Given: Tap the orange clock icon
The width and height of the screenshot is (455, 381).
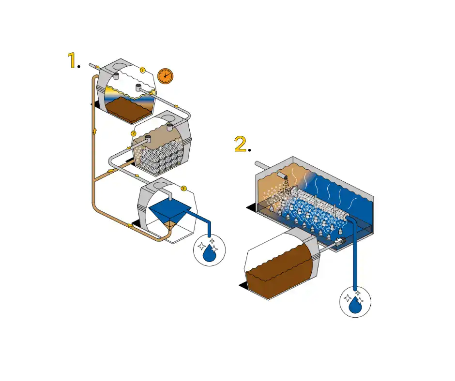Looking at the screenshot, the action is (165, 76).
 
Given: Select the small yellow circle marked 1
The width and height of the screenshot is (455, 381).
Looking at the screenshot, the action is (142, 70).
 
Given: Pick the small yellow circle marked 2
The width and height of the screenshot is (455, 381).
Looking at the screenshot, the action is (133, 133).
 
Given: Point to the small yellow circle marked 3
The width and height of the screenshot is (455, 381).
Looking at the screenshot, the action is (183, 189).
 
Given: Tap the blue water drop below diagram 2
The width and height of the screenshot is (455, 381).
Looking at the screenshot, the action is (355, 305).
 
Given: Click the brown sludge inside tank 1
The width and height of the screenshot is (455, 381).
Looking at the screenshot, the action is (128, 110).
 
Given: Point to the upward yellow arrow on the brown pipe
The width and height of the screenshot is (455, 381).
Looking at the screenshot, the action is (94, 132).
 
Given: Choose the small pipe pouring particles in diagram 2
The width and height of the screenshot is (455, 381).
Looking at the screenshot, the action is (282, 175).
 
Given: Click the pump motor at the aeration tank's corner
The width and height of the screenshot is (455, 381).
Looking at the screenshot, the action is (340, 240).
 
